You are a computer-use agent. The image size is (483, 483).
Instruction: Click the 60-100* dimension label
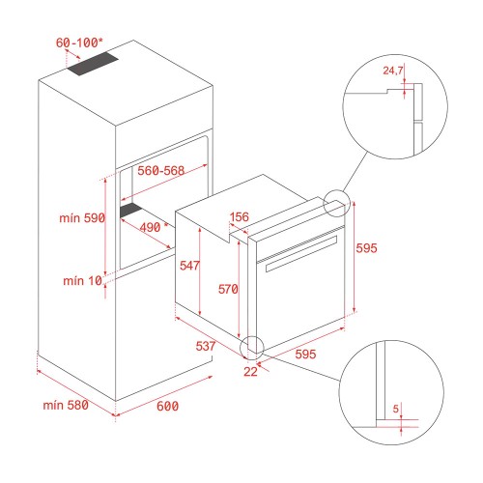click(x=79, y=43)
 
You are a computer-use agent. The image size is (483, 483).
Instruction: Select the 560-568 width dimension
click(x=161, y=170)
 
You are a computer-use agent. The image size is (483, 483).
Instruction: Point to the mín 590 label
click(x=82, y=218)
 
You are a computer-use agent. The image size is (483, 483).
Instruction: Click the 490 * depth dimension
click(x=154, y=227)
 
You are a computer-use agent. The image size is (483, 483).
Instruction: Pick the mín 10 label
click(x=82, y=281)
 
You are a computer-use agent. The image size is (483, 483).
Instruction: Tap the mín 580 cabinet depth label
click(x=66, y=405)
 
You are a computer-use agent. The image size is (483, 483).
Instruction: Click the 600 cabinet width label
click(x=167, y=406)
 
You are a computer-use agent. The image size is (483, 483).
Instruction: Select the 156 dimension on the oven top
click(x=240, y=216)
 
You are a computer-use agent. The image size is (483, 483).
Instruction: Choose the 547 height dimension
click(x=189, y=266)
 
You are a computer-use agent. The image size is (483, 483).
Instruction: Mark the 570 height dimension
click(x=228, y=289)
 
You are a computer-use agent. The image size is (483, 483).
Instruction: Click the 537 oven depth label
click(x=206, y=346)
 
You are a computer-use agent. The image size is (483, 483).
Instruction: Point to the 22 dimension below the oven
click(x=250, y=372)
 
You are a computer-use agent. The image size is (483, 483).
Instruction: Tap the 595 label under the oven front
click(x=305, y=354)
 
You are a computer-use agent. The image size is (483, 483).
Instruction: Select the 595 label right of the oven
click(x=366, y=248)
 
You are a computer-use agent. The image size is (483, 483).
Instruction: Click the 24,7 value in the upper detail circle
click(x=393, y=71)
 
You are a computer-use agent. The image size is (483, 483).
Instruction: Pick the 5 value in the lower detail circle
click(x=396, y=409)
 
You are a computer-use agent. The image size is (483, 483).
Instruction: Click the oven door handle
click(x=301, y=254)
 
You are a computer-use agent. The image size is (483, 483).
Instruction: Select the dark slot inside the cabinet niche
click(x=130, y=211)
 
